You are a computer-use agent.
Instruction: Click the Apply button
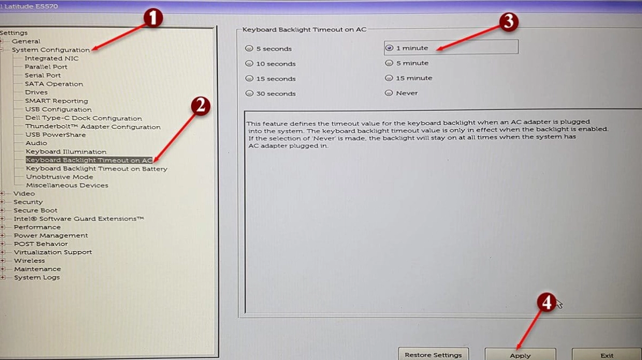(x=520, y=354)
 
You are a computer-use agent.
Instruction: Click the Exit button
(x=607, y=354)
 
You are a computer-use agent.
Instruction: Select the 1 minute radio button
(x=389, y=48)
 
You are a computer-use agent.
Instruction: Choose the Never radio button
(x=389, y=93)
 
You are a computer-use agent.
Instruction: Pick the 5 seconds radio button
(x=249, y=48)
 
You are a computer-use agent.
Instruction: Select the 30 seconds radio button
(x=249, y=93)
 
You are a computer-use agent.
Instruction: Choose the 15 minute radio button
(x=389, y=78)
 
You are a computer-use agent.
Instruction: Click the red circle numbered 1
(x=153, y=18)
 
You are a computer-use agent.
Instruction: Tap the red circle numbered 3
(x=508, y=21)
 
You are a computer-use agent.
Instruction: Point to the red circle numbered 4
(x=546, y=303)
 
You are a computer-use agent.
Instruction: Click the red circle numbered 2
(x=201, y=106)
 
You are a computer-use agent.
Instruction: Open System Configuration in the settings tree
(x=51, y=50)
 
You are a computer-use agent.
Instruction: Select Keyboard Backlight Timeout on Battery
(x=97, y=168)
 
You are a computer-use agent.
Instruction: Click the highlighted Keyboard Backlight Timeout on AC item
(x=89, y=160)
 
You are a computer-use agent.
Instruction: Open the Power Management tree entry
(x=51, y=235)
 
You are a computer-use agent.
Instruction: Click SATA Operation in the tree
(x=54, y=84)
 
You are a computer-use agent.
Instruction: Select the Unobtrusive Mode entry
(x=60, y=177)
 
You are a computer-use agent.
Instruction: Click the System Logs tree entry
(x=37, y=277)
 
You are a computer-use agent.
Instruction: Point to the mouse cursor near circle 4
(x=559, y=304)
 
